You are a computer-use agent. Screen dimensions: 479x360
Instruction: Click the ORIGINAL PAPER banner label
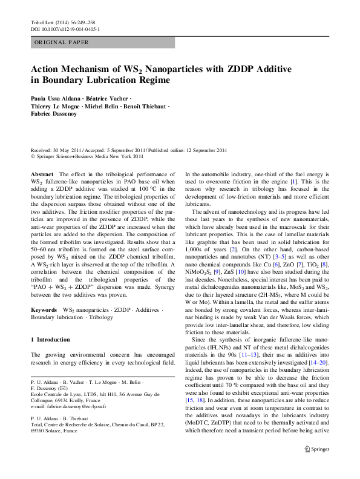click(x=61, y=42)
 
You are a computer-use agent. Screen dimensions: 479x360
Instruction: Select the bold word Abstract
click(x=42, y=174)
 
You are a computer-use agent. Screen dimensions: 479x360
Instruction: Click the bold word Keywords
click(x=44, y=310)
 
